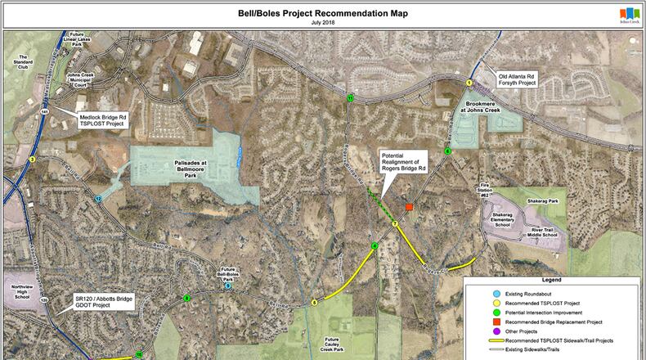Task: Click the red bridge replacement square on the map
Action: [409, 208]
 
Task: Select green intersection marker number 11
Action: [350, 97]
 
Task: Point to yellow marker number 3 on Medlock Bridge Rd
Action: [32, 160]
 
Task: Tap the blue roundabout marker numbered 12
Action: [98, 199]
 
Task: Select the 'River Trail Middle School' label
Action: [544, 232]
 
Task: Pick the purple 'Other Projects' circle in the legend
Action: [496, 331]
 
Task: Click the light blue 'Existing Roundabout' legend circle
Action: [496, 293]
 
